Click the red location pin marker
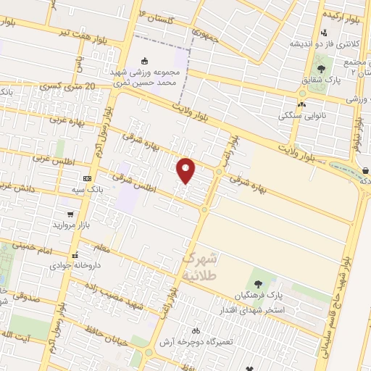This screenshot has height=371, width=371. [x=186, y=171]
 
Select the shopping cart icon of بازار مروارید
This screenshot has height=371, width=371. [x=70, y=214]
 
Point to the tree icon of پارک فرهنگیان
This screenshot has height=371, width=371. [x=259, y=282]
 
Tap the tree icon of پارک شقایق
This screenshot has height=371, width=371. [x=320, y=70]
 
